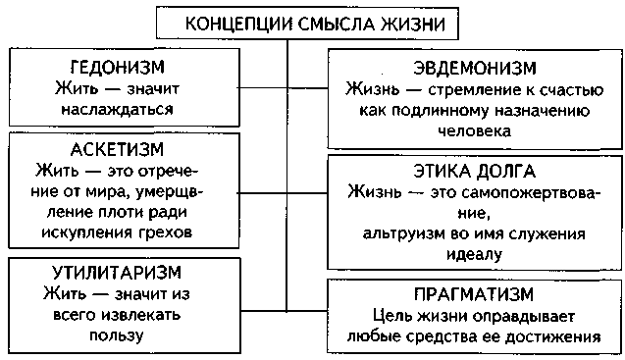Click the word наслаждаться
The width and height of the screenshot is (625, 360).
pos(123,109)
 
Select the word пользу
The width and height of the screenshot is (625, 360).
pos(123,334)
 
